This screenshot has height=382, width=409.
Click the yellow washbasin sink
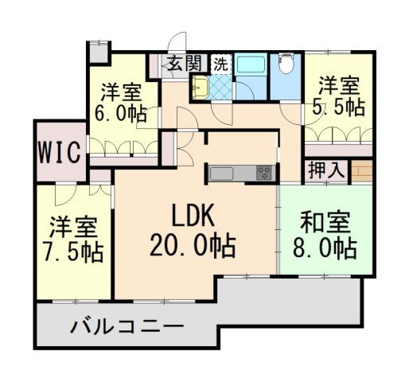(x=200, y=88)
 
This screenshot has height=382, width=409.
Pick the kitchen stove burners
(x=263, y=173)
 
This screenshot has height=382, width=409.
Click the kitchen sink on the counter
(x=221, y=173)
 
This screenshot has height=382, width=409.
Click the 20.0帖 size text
(x=192, y=246)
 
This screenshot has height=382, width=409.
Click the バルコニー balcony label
(x=127, y=326)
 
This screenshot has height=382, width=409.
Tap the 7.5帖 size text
(x=73, y=253)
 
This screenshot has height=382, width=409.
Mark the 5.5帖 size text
(x=339, y=106)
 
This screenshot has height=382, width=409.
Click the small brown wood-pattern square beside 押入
(x=361, y=171)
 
